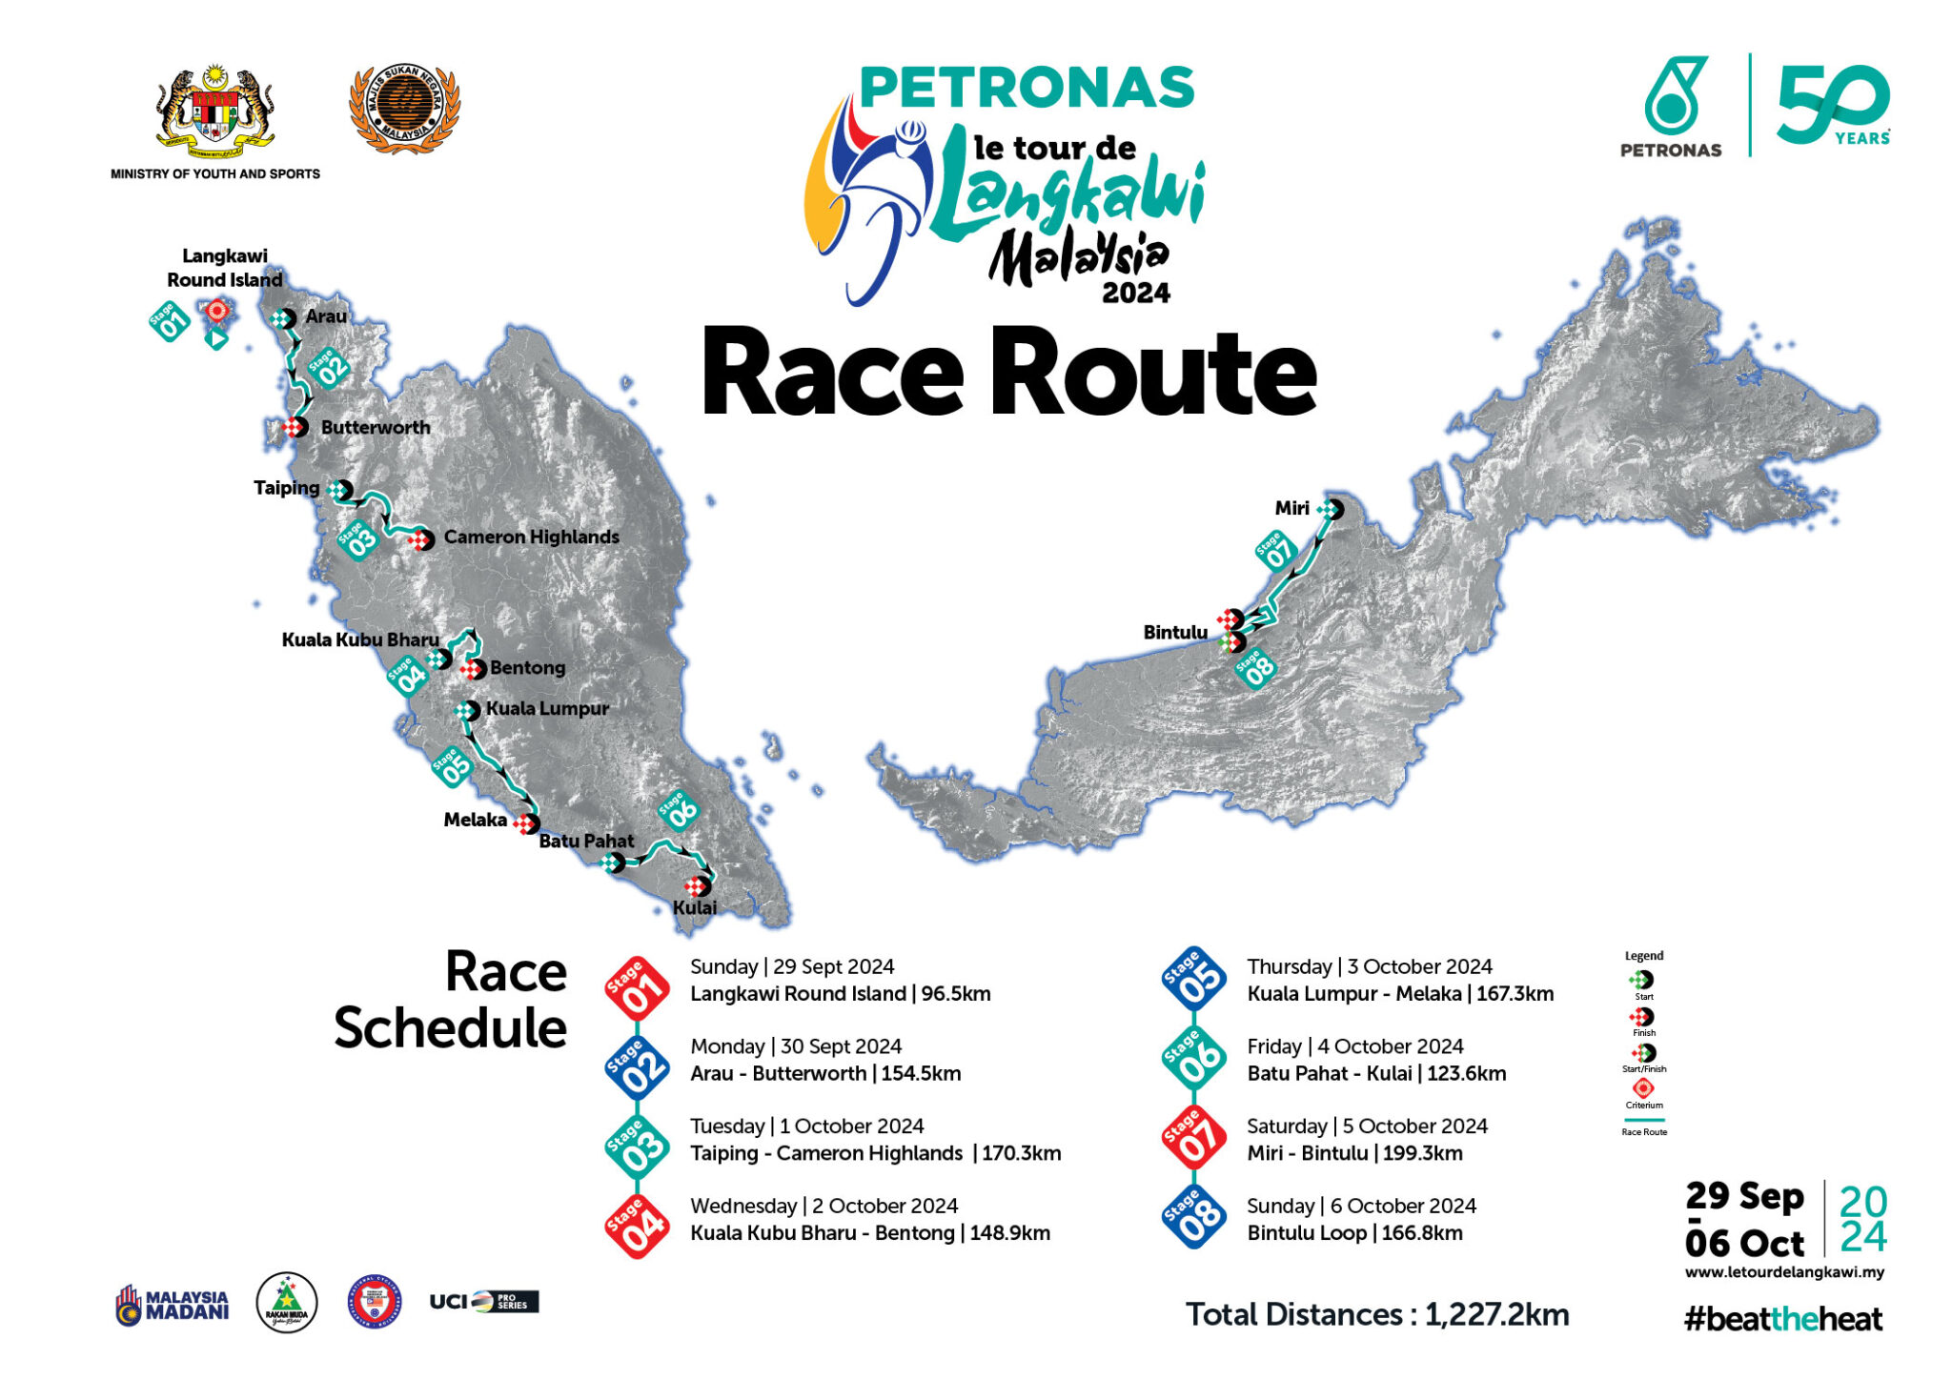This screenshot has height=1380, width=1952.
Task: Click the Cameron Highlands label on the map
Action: (531, 538)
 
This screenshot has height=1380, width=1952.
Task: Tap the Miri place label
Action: (1291, 509)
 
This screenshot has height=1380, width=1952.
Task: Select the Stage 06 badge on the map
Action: (679, 811)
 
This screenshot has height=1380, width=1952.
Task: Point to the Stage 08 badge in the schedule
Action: (1193, 1215)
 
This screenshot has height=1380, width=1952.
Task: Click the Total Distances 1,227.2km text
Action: (1376, 1315)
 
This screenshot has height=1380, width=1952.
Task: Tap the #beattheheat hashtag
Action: (1782, 1319)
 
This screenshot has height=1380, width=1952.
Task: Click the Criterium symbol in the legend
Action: (1643, 1088)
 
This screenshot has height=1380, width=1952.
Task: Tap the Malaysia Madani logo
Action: (173, 1305)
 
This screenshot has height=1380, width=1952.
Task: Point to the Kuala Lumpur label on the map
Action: (547, 709)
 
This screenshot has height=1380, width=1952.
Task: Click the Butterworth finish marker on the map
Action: (295, 427)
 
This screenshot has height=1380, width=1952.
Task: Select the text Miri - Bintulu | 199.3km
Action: (1354, 1153)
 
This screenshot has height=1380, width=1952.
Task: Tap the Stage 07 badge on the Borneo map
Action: (1276, 551)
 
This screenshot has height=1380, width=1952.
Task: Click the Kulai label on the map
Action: (695, 908)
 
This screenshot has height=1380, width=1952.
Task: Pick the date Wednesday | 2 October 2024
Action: (823, 1207)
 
